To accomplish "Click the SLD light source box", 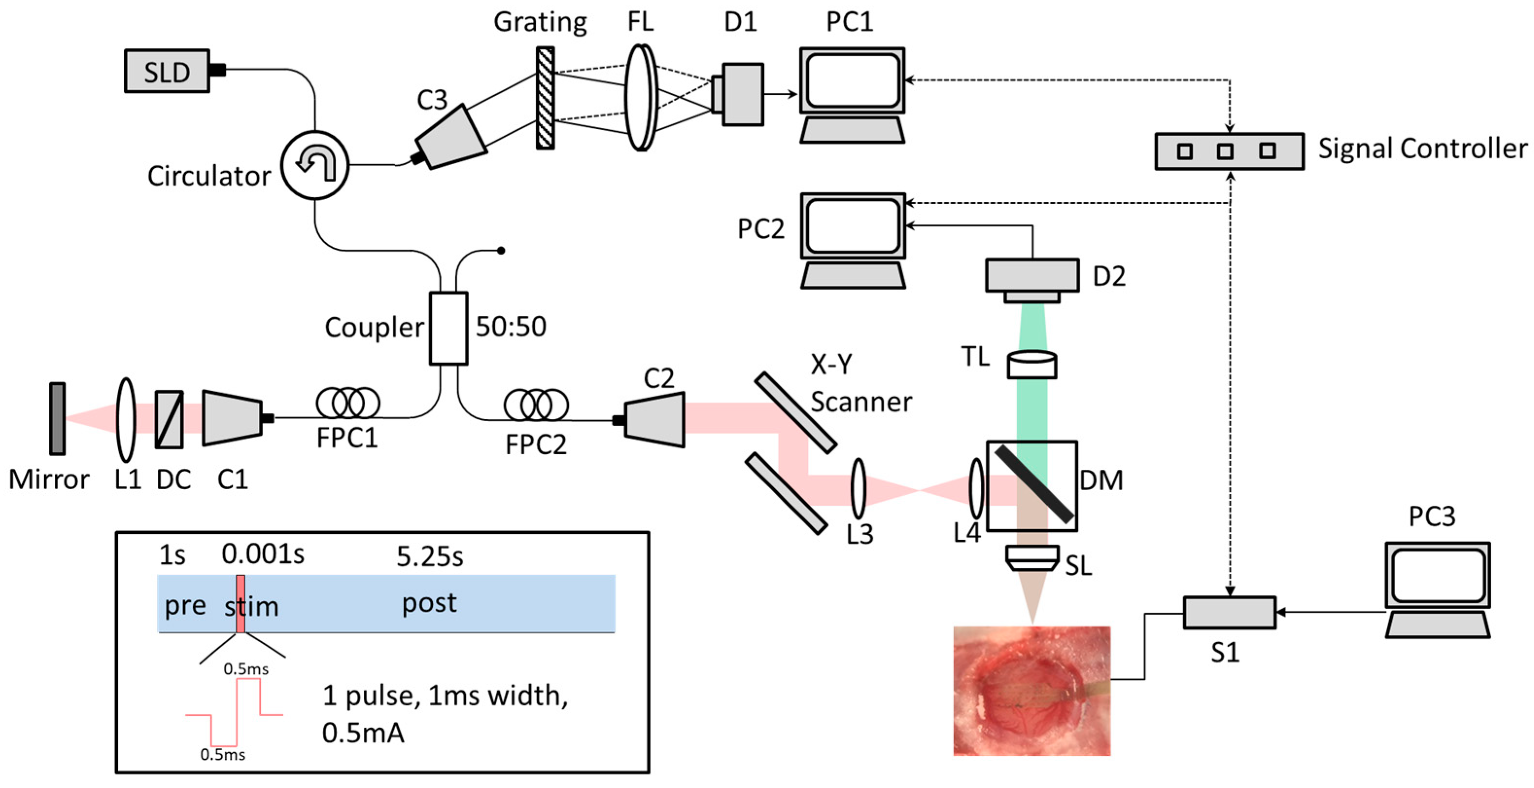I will (167, 71).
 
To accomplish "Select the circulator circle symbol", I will (314, 165).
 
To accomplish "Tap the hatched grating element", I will (545, 98).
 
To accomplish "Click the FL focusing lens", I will (641, 98).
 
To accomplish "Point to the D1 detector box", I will (741, 94).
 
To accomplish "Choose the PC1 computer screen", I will (852, 81).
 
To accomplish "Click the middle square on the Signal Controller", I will (1225, 151).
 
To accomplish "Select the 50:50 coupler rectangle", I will (448, 328).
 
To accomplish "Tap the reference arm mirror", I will (57, 419).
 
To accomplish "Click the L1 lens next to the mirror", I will (126, 419).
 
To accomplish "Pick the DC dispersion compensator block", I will (169, 419).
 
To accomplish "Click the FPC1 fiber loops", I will (348, 403).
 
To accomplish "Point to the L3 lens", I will (858, 488).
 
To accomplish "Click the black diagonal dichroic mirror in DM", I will (1034, 484).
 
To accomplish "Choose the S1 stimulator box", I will (1229, 612).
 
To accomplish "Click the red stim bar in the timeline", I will (240, 603).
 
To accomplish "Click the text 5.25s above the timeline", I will (429, 556).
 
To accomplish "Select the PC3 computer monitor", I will (1437, 575).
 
